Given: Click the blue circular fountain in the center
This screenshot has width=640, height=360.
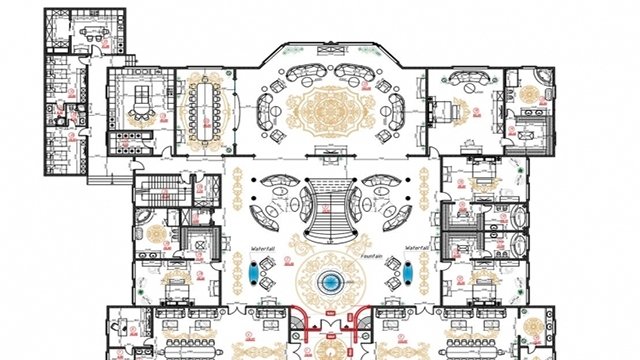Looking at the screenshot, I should pos(329,283).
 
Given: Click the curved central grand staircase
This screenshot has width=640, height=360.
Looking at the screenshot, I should pos(329,210).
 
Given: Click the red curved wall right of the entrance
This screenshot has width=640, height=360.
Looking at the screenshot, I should pos(358,318).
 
